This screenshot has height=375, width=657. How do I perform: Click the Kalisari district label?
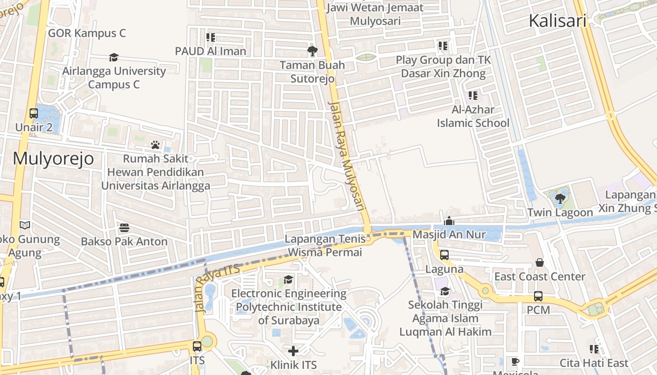558,21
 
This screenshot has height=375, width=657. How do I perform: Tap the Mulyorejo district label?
53,159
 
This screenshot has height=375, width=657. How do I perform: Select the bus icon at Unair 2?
34,113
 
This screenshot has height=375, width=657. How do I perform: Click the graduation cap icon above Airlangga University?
114,58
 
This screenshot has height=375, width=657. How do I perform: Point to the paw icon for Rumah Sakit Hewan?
155,145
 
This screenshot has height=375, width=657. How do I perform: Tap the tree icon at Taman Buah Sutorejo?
312,51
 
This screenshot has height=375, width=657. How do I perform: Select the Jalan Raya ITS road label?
217,288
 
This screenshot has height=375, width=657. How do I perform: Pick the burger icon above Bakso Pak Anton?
124,228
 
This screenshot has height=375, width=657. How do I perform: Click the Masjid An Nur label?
449,234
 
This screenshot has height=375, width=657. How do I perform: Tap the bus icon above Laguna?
444,255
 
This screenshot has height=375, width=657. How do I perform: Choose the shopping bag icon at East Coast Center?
540,263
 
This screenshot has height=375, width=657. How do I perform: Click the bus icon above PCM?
538,297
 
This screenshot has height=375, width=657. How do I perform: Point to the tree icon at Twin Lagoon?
560,199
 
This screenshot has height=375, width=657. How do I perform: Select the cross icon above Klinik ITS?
293,351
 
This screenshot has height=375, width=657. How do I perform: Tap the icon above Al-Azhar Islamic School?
473,96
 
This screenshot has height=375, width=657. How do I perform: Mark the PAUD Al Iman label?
210,51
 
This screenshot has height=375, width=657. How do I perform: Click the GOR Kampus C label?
87,33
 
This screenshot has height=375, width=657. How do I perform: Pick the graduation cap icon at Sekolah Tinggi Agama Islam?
445,291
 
